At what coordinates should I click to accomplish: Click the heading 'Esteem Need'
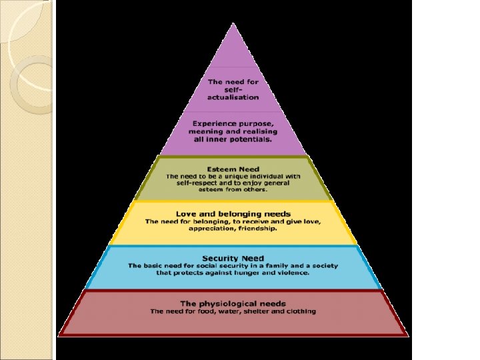pos(233,169)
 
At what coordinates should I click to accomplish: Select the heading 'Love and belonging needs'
pos(233,213)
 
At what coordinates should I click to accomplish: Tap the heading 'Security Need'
pos(233,258)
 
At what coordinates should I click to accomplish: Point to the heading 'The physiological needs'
pos(233,303)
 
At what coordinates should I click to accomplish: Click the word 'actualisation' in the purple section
pos(233,97)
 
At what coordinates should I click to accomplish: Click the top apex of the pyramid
pos(233,25)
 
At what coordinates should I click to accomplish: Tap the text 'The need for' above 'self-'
pos(233,82)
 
